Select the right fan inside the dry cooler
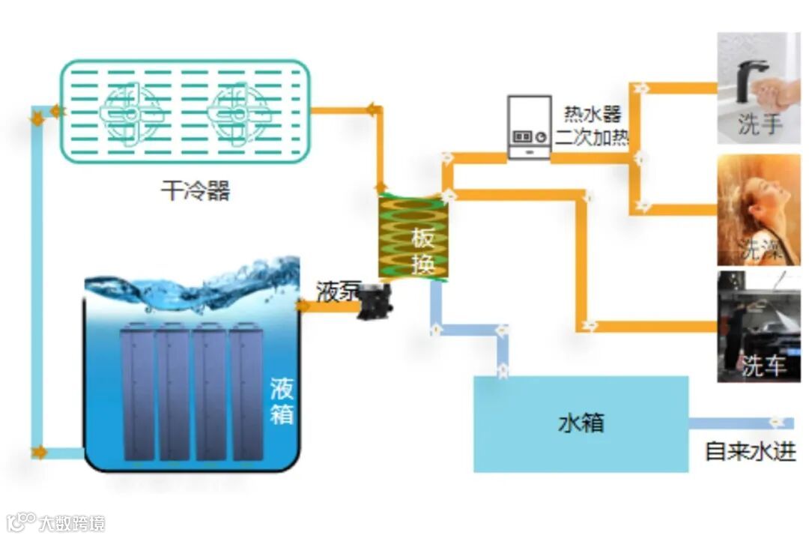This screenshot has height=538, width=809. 236,112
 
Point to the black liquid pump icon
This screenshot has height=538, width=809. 373,301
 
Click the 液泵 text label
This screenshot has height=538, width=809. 337,291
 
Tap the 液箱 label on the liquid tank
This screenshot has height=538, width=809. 282,401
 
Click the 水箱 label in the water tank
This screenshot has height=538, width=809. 581,423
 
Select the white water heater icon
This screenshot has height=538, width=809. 529,127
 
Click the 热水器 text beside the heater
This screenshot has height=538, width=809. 593,115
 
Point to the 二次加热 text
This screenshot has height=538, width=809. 592,138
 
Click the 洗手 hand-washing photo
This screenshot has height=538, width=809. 758,88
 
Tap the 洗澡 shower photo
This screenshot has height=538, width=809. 758,210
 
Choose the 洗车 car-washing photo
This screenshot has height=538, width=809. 758,327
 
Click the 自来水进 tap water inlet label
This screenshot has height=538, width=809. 750,452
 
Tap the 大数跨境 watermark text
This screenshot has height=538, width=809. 73,522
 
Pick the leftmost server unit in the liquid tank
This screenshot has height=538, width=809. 138,391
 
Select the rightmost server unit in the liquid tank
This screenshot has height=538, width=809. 246,391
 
